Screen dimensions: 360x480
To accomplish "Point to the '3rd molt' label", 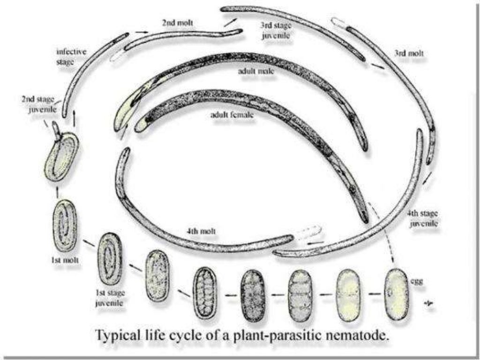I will [408, 53].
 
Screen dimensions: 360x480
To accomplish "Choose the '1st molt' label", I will [64, 259].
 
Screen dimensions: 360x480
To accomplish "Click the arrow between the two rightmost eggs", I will [373, 294].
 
